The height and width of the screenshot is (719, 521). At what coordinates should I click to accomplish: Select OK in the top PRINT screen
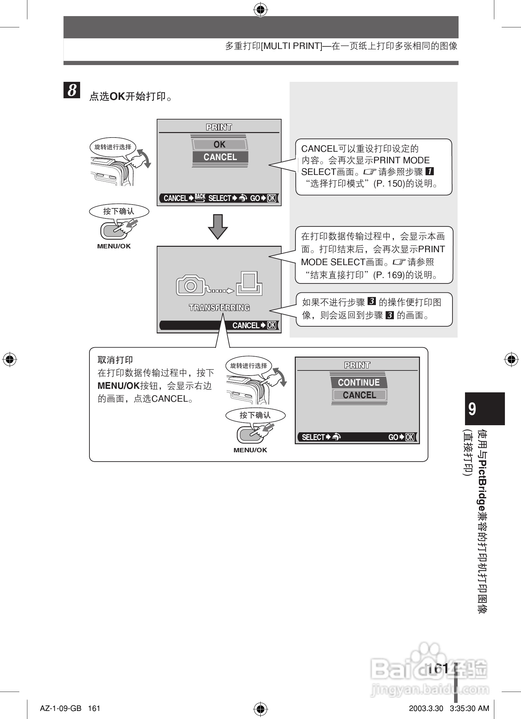tap(220, 145)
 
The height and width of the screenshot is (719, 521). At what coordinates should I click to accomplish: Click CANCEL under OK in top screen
tap(220, 157)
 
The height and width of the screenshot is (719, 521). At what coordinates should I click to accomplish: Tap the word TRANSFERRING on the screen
tap(219, 308)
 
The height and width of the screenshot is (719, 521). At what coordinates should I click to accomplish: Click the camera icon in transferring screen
tap(191, 285)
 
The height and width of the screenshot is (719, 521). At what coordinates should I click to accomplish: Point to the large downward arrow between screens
tap(218, 226)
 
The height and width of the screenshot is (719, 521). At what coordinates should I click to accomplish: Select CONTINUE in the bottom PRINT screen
tap(359, 382)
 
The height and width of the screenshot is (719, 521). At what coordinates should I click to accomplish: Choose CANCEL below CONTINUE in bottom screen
tap(359, 395)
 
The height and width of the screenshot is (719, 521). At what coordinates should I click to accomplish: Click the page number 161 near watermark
tap(438, 668)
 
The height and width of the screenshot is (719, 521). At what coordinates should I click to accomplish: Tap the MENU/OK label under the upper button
tap(114, 246)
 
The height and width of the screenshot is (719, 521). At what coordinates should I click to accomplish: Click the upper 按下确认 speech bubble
tap(119, 211)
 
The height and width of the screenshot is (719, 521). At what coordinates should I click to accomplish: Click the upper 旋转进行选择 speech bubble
tap(113, 147)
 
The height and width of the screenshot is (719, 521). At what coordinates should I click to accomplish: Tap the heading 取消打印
tap(115, 360)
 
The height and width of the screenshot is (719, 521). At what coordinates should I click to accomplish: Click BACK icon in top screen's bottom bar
tap(200, 197)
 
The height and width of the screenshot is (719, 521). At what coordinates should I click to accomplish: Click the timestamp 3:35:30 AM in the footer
tap(469, 708)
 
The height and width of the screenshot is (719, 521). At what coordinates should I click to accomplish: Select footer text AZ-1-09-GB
tap(60, 708)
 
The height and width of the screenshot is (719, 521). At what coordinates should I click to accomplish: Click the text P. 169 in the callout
tap(388, 275)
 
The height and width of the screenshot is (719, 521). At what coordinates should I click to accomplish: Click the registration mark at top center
tap(260, 11)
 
